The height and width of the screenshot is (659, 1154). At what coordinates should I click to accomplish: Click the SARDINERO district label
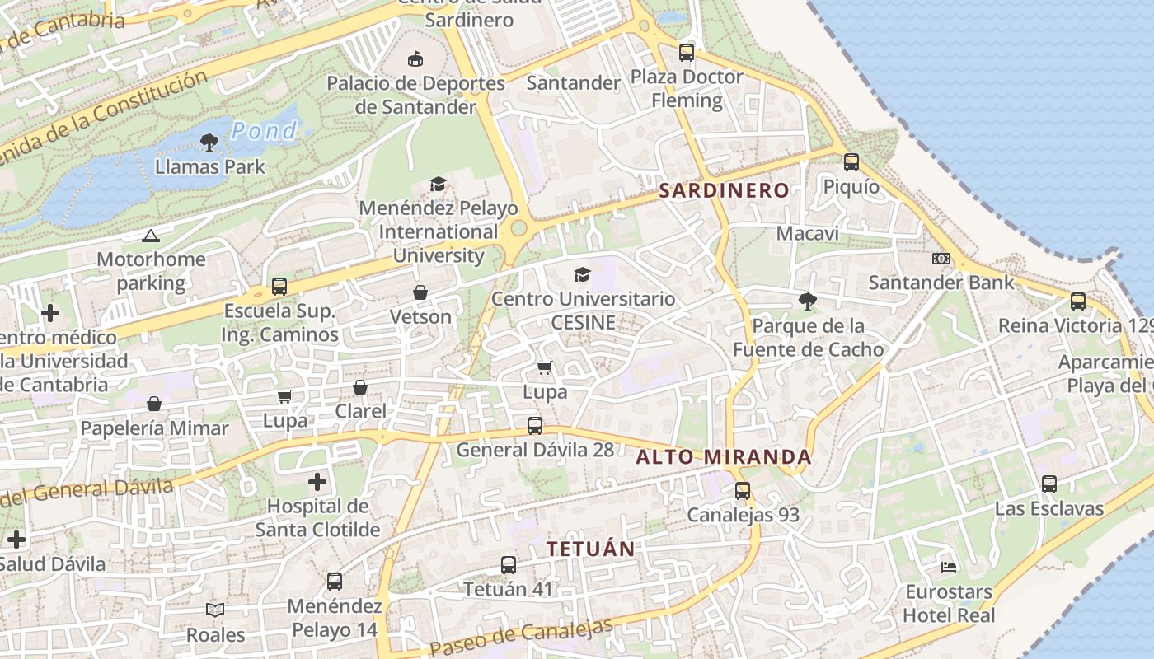[x=724, y=190]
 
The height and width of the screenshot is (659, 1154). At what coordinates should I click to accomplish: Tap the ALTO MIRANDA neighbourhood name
[x=724, y=457]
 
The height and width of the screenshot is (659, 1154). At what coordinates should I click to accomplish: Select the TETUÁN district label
[x=591, y=549]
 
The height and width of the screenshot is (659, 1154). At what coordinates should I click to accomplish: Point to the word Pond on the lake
[x=264, y=130]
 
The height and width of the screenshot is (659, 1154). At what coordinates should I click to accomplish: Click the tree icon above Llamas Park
[x=209, y=143]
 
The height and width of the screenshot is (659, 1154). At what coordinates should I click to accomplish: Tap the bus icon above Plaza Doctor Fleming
[x=687, y=53]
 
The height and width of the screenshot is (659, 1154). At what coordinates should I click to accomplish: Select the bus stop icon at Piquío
[x=851, y=162]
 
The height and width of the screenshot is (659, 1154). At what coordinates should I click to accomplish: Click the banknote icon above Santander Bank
[x=941, y=259]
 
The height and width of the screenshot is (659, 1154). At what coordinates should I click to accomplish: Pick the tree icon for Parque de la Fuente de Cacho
[x=807, y=301]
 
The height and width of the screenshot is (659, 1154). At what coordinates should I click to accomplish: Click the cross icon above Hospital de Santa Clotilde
[x=317, y=481]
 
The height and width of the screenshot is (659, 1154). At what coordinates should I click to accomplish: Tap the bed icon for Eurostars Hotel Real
[x=949, y=567]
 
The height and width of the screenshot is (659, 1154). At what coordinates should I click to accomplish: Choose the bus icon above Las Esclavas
[x=1048, y=484]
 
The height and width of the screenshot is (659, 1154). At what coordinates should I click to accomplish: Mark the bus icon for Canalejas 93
[x=743, y=491]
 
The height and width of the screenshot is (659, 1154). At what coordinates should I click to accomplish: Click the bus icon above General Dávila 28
[x=535, y=426]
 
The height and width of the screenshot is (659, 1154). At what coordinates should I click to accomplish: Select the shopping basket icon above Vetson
[x=420, y=292]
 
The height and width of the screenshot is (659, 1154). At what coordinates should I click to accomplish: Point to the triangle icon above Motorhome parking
[x=150, y=236]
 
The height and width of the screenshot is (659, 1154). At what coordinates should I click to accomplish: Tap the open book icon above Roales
[x=215, y=610]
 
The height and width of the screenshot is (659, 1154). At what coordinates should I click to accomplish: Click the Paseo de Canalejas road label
[x=521, y=637]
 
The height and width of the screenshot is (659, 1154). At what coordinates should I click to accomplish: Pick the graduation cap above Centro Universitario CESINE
[x=583, y=274]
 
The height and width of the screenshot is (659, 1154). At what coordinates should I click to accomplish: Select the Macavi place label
[x=808, y=233]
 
